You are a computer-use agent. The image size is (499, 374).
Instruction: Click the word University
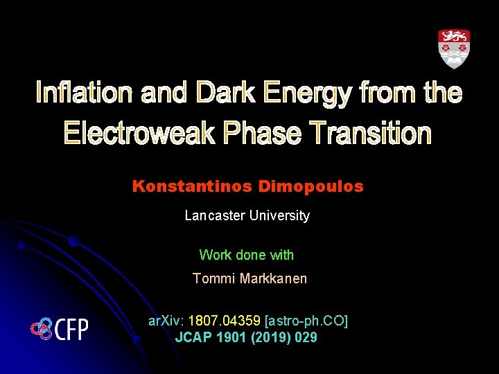click(280, 215)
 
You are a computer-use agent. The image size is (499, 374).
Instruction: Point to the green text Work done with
click(246, 255)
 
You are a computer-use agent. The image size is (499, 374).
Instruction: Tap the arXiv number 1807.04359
click(225, 321)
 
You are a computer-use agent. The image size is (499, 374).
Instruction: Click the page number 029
click(306, 338)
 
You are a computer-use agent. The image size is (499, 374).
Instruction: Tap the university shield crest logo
click(453, 48)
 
